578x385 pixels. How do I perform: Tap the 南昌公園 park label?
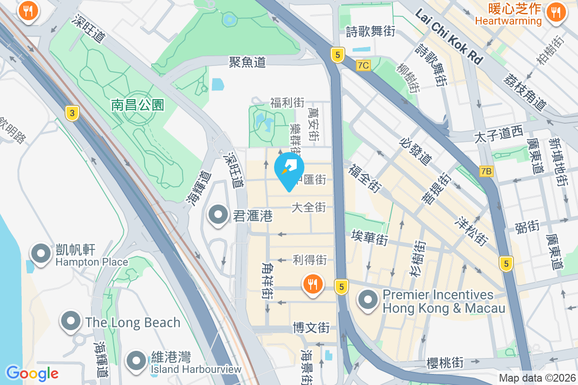(138, 105)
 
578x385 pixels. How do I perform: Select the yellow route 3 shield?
(72, 114)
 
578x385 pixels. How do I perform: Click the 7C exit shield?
(364, 65)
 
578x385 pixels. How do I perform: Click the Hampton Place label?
(92, 262)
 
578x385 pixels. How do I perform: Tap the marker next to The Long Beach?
(71, 321)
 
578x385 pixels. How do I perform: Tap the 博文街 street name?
(311, 328)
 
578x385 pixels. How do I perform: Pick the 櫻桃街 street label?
(445, 362)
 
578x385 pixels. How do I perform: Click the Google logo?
(32, 373)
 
